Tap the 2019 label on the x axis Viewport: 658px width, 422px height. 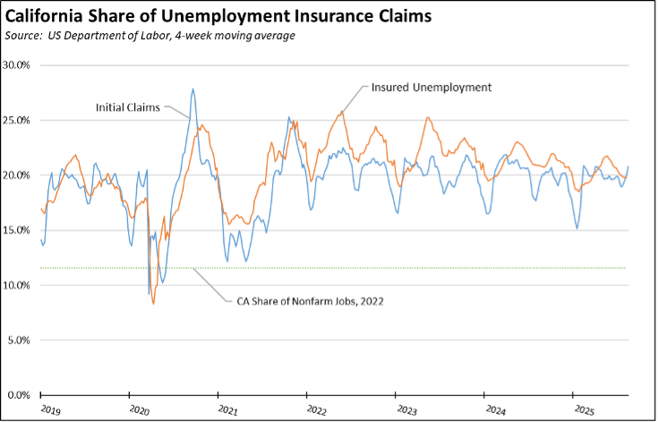tap(51, 411)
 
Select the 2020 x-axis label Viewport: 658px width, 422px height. tap(140, 411)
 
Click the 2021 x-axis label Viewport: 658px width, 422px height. tap(227, 411)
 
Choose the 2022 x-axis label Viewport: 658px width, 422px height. tap(316, 411)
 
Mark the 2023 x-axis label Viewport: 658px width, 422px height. tap(405, 411)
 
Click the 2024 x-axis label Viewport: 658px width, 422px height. tap(493, 411)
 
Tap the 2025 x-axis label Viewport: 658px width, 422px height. tap(582, 411)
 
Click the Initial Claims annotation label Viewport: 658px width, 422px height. tap(128, 107)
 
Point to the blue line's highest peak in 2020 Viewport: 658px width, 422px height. tap(192, 89)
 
